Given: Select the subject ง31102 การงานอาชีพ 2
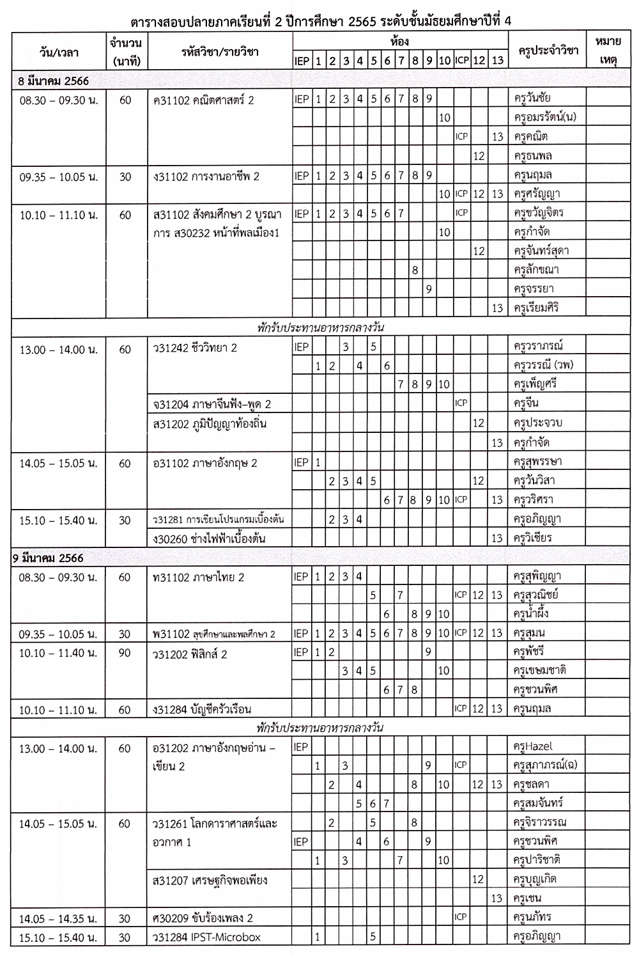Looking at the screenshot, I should (x=206, y=176).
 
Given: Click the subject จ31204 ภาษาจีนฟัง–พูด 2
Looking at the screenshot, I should (x=212, y=404).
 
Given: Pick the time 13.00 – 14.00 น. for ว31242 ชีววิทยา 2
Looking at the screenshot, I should (x=58, y=350).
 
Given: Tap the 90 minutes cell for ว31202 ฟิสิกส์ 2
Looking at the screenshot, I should (x=125, y=654).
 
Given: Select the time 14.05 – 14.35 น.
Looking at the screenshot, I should (x=58, y=919).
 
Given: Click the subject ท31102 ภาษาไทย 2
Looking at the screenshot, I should (x=199, y=577).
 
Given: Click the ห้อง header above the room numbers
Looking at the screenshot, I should (x=399, y=42).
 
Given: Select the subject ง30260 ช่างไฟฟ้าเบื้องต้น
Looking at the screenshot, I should (x=210, y=538).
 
